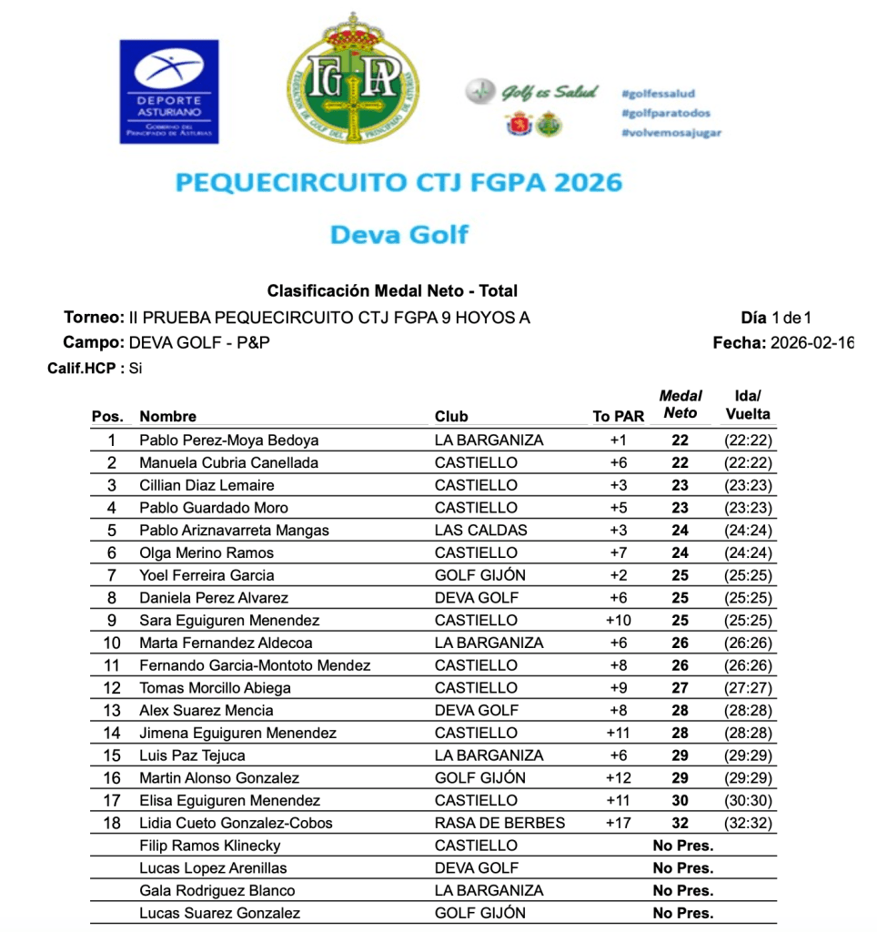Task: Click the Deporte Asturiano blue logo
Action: coord(169,91)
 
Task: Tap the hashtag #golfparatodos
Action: coord(665,113)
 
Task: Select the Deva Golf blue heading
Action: coord(398,234)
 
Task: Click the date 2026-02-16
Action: coord(811,343)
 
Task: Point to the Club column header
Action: coord(451,417)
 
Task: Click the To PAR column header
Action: coord(618,417)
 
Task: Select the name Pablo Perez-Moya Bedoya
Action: coord(228,441)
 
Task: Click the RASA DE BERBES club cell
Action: coord(499,823)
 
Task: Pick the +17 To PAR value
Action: coord(619,823)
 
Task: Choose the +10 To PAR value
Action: coord(619,621)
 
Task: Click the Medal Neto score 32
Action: coord(680,823)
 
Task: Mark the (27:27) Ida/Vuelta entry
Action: coord(748,688)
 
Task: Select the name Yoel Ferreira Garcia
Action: coord(207,575)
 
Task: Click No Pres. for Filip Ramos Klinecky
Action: coord(682,846)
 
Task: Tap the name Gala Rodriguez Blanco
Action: coord(217,891)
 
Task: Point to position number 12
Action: coord(112,688)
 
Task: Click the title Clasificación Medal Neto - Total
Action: coord(392,291)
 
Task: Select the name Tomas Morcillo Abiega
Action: coord(215,688)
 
